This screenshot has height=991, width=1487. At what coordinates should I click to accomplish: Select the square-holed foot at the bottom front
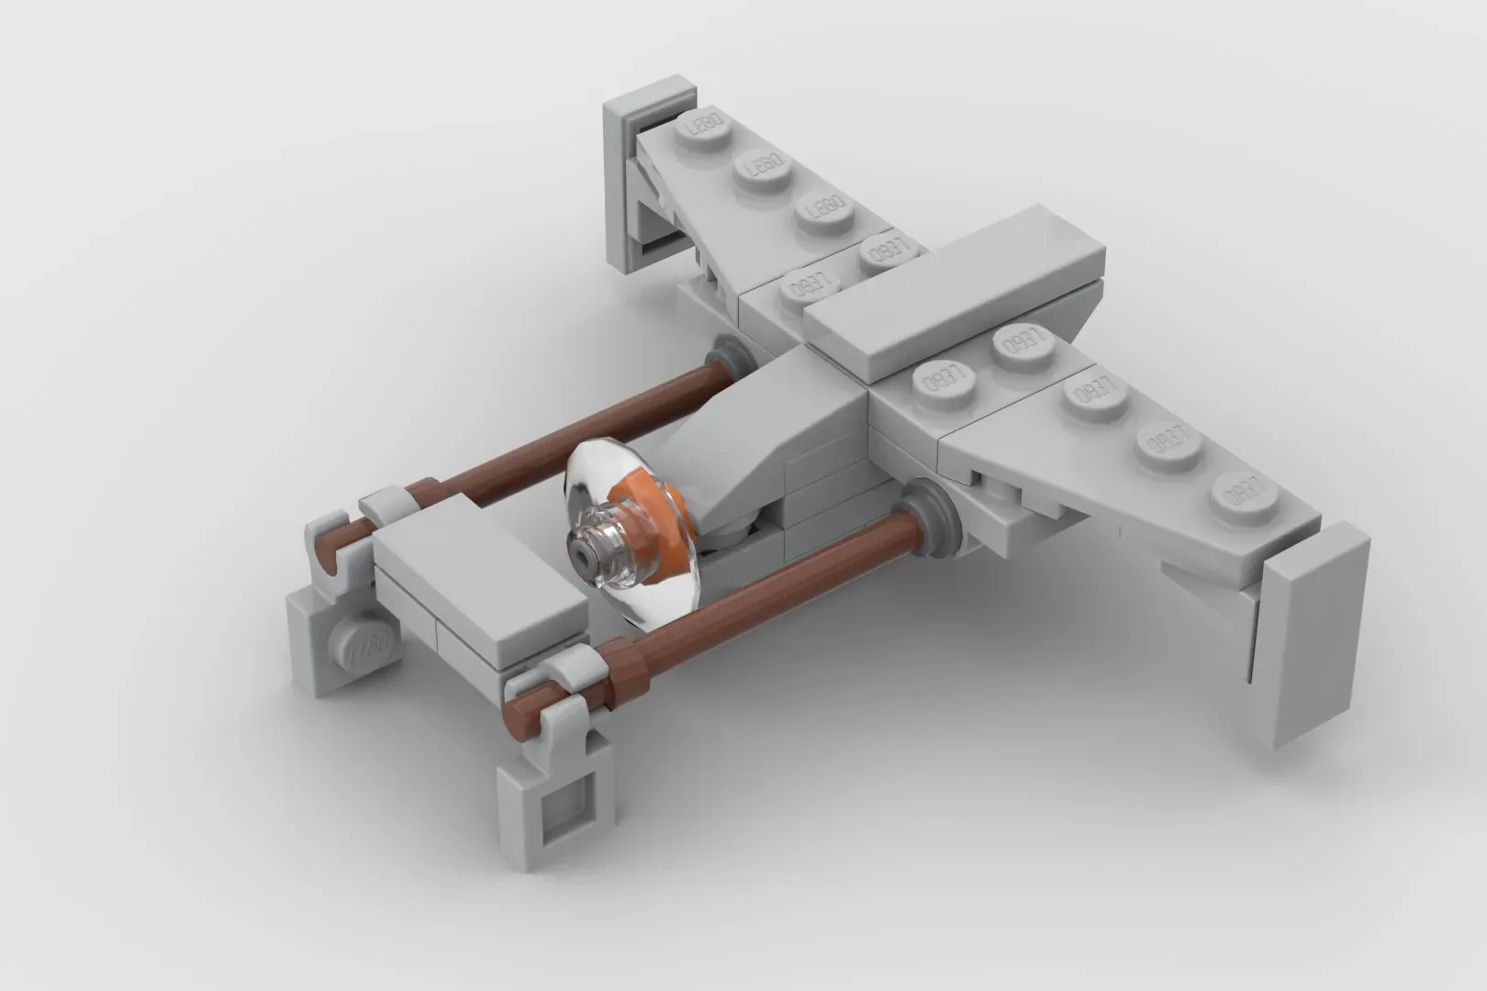[x=556, y=807]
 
